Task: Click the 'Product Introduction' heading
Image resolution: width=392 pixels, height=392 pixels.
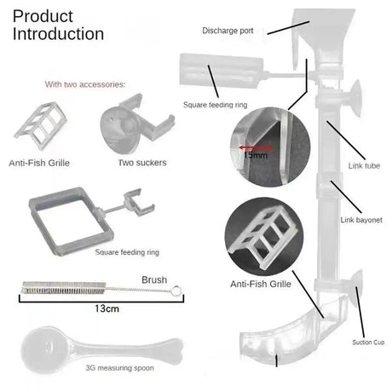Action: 58,25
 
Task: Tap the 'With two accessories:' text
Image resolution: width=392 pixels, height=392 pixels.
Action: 85,84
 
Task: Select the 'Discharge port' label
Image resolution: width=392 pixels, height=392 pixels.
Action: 228,31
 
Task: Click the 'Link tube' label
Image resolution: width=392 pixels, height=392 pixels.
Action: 364,165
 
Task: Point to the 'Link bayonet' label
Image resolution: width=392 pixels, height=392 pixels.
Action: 361,220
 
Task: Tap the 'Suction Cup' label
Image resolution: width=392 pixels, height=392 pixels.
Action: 368,343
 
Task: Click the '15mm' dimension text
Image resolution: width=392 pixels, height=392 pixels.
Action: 256,155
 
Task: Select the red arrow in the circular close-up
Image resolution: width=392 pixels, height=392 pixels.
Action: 255,147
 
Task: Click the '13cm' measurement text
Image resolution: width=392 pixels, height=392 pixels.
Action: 107,308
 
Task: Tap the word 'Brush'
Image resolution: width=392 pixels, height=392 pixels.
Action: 154,280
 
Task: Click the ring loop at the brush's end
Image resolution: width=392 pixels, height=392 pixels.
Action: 176,291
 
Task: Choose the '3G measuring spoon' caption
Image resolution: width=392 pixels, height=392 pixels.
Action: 119,368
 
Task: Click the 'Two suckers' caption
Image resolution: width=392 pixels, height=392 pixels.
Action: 142,163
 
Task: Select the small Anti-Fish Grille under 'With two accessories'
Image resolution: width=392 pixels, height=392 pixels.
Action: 40,125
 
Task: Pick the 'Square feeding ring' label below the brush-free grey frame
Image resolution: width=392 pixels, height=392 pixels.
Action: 127,252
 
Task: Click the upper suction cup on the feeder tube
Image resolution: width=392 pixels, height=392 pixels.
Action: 355,99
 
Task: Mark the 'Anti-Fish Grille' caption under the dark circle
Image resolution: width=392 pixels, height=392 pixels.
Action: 261,284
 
